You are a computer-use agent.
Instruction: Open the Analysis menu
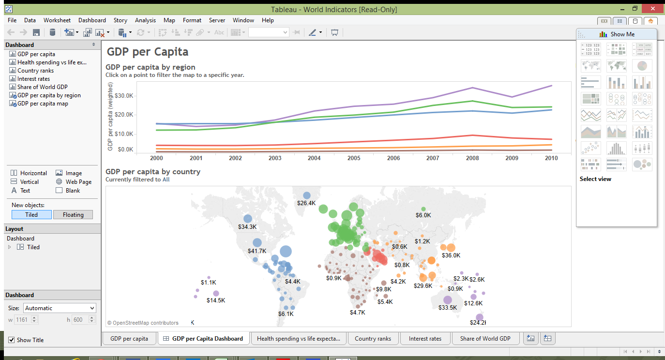pyautogui.click(x=145, y=20)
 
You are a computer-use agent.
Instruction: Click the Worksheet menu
pyautogui.click(x=57, y=20)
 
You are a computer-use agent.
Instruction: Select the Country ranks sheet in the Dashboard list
pyautogui.click(x=35, y=71)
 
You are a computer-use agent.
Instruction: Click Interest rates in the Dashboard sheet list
pyautogui.click(x=33, y=79)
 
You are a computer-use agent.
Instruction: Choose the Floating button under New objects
pyautogui.click(x=73, y=215)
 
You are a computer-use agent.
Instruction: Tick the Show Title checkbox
pyautogui.click(x=12, y=340)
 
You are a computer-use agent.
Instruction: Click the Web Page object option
pyautogui.click(x=78, y=182)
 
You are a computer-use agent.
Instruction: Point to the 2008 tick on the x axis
pyautogui.click(x=472, y=158)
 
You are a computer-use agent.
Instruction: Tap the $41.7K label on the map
pyautogui.click(x=257, y=251)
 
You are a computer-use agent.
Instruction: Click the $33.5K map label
pyautogui.click(x=448, y=308)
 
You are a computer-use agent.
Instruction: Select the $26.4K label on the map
pyautogui.click(x=306, y=203)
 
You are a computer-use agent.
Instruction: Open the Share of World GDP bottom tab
pyautogui.click(x=485, y=339)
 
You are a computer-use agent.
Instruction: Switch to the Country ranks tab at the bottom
pyautogui.click(x=373, y=339)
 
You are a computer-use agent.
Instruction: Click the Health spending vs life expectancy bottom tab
pyautogui.click(x=299, y=339)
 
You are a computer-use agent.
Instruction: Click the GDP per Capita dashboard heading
pyautogui.click(x=148, y=52)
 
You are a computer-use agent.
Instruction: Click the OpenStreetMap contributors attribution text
pyautogui.click(x=143, y=323)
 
